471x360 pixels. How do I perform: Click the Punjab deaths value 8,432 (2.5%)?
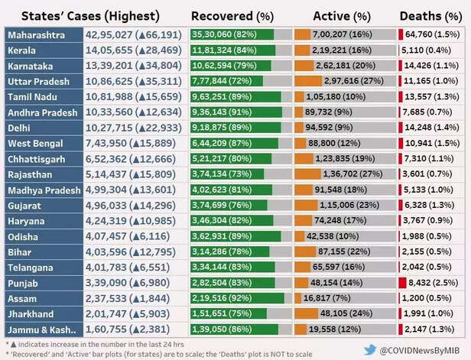(x=432, y=282)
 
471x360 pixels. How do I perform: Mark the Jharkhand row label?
(x=31, y=313)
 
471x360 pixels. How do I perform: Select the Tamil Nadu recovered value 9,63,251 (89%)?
(x=226, y=96)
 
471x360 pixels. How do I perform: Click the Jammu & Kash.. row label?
(x=43, y=329)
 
